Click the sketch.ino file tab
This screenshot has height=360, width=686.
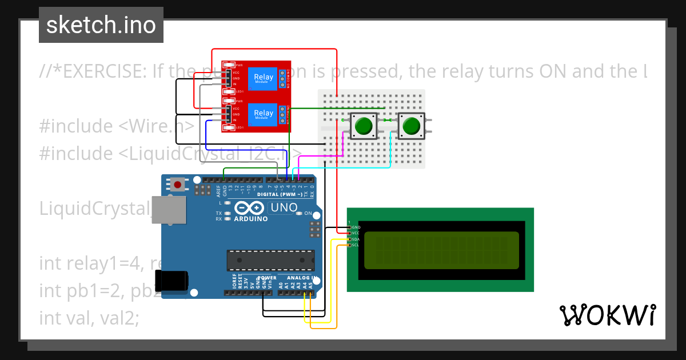101,25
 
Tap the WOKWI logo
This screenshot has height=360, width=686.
607,315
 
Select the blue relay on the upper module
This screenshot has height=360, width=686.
263,78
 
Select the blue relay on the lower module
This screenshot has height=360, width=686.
263,114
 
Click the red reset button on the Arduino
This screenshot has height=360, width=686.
178,185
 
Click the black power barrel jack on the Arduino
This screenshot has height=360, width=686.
174,281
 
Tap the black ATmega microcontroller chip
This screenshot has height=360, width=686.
270,259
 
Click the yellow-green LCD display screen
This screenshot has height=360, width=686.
441,250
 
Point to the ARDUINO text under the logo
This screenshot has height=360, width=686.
250,219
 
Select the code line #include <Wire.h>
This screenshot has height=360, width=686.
117,126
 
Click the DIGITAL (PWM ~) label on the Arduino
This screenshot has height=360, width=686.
273,194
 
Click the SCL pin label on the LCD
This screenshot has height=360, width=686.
354,245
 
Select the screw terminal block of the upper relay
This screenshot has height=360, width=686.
282,79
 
